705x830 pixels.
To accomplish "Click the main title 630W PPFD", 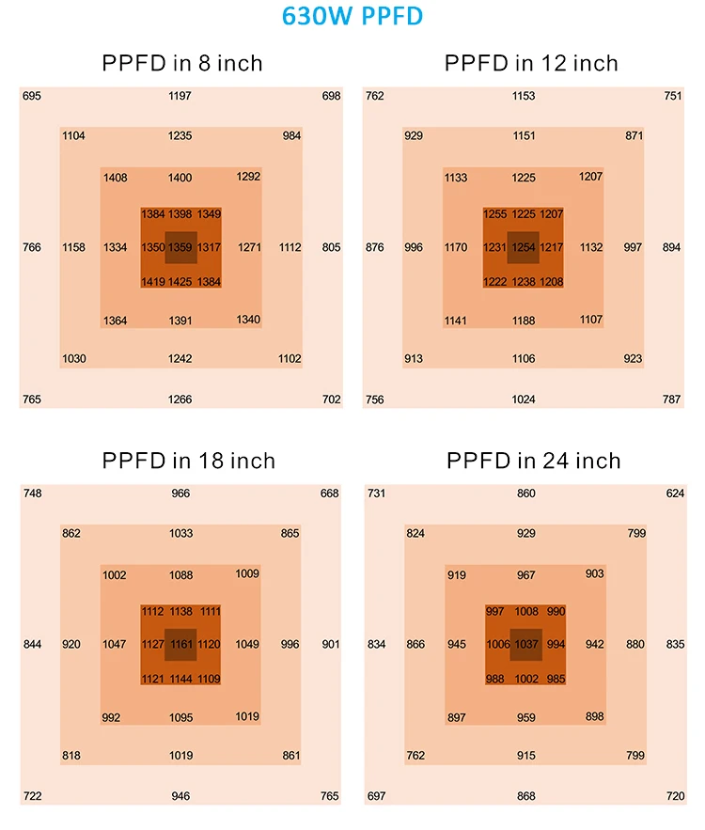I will tap(352, 18).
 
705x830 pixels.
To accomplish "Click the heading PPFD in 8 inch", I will tap(181, 64).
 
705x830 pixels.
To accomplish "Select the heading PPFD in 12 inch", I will tap(531, 64).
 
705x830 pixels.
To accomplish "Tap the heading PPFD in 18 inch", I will tap(188, 461).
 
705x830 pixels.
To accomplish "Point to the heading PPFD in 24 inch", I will tap(533, 461).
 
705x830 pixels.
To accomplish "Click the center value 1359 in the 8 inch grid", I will tap(180, 248).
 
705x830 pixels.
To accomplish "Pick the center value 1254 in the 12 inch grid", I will tap(524, 248).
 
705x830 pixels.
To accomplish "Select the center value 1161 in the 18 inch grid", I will tap(180, 645).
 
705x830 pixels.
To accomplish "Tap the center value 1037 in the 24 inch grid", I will tap(526, 645).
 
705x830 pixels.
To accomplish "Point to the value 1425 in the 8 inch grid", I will tap(180, 282).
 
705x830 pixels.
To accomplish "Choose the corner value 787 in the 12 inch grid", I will tap(671, 399).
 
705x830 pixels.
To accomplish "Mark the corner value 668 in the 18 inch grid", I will tap(329, 493).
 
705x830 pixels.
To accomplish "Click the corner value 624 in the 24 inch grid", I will tap(675, 493).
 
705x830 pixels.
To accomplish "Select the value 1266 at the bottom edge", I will tap(180, 399).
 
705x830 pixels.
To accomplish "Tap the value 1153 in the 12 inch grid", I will tap(524, 96).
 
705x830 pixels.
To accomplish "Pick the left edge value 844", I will tap(32, 645).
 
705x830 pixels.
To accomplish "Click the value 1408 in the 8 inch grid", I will tap(116, 178).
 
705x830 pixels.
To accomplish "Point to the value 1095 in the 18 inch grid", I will tap(180, 717).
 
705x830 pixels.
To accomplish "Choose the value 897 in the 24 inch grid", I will tap(457, 717).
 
